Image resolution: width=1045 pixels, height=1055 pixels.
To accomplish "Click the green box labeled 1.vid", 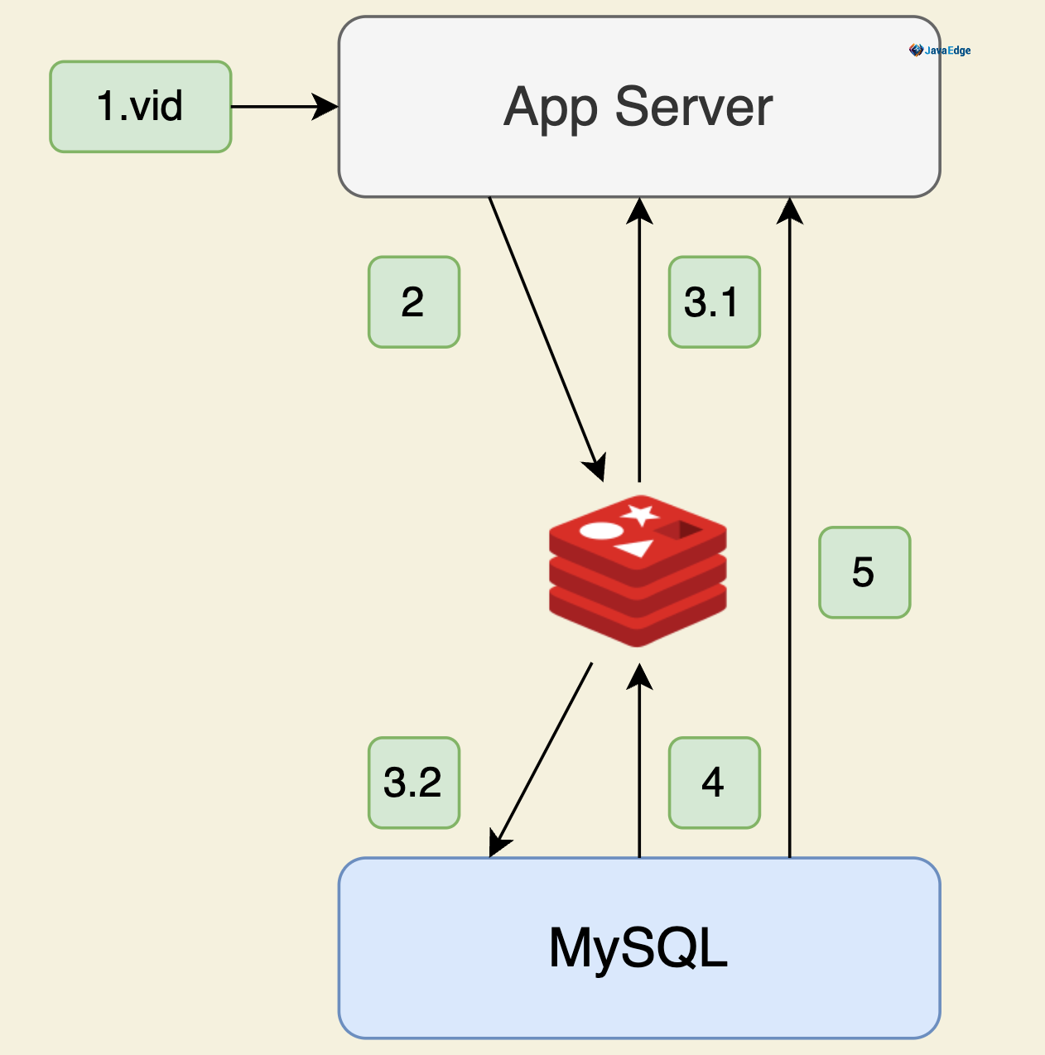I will point(141,107).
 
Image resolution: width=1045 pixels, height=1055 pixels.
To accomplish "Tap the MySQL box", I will point(638,948).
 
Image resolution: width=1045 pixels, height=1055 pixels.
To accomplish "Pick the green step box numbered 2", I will point(413,302).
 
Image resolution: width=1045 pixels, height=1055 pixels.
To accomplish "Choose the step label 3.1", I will point(714,302).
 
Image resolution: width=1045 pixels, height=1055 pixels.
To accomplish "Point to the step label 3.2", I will point(413,783).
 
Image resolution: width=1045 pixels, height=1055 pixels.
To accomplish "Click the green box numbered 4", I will point(714,783).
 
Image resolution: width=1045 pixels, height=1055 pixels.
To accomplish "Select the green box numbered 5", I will point(864,572).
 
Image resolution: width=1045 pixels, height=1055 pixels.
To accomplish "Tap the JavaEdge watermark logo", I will point(940,51).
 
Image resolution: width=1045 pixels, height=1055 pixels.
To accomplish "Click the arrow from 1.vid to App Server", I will point(282,107).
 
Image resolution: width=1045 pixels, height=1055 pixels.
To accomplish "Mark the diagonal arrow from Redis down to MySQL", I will point(542,758).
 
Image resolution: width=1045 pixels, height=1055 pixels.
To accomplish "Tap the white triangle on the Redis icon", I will point(634,547).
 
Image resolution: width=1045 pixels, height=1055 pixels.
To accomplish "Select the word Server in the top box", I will point(693,107).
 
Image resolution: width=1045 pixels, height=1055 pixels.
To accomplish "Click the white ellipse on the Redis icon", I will point(600,531).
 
